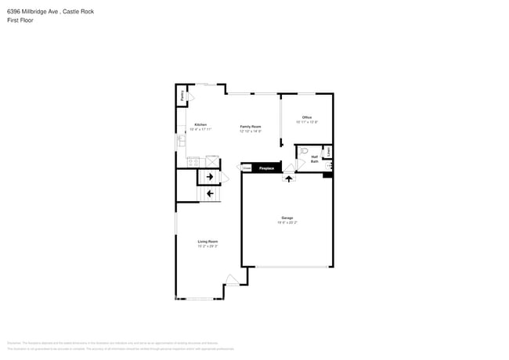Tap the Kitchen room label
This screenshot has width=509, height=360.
click(201, 125)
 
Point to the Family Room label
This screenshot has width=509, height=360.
click(251, 126)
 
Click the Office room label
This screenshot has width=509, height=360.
click(308, 117)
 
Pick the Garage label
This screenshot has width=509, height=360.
click(287, 218)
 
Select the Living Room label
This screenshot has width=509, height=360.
click(208, 242)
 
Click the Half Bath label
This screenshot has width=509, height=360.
click(315, 159)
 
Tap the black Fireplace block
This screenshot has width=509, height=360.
click(267, 167)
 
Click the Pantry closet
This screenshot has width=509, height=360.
click(182, 95)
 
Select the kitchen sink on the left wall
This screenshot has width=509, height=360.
click(181, 141)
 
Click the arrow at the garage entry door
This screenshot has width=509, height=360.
click(288, 178)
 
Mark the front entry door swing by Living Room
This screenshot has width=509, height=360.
click(232, 280)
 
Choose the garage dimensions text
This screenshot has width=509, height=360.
click(287, 222)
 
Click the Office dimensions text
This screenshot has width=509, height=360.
click(308, 122)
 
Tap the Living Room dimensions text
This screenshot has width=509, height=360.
click(208, 247)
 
